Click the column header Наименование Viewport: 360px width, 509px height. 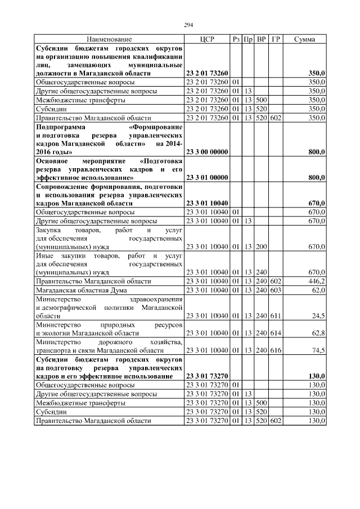point(109,39)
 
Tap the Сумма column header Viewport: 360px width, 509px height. point(304,39)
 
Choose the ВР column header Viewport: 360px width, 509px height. point(261,39)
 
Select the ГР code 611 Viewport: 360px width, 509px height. point(276,317)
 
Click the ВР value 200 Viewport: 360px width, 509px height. point(261,246)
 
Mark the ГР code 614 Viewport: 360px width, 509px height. point(276,333)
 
